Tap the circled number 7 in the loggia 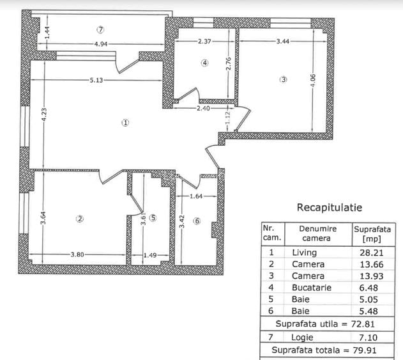pyautogui.click(x=100, y=29)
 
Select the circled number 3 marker pyautogui.click(x=284, y=80)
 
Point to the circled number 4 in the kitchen pyautogui.click(x=204, y=63)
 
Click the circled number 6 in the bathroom pyautogui.click(x=197, y=221)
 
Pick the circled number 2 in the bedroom pyautogui.click(x=80, y=218)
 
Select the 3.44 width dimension pyautogui.click(x=284, y=41)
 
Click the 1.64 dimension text pyautogui.click(x=197, y=197)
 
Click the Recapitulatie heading pyautogui.click(x=330, y=207)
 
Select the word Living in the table pyautogui.click(x=303, y=253)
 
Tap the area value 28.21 pyautogui.click(x=374, y=253)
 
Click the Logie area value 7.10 pyautogui.click(x=374, y=337)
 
